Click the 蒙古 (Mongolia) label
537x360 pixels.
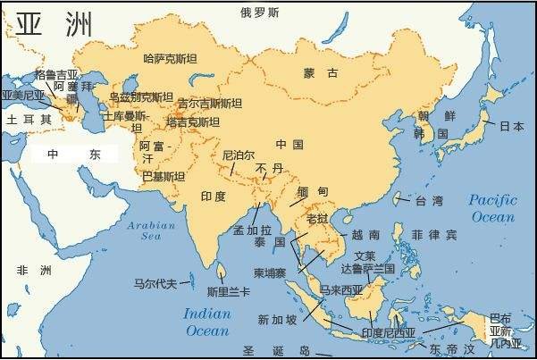click(321, 72)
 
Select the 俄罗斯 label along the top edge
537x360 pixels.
click(260, 13)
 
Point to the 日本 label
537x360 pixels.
click(511, 126)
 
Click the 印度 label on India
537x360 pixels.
click(214, 196)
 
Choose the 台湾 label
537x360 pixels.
click(425, 201)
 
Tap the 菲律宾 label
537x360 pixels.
click(433, 235)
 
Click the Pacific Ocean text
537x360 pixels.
click(492, 208)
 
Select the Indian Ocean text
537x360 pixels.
click(207, 322)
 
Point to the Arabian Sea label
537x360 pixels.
click(150, 231)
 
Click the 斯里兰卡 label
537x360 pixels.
click(228, 291)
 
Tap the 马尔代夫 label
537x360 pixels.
click(156, 283)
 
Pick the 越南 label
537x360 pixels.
click(365, 234)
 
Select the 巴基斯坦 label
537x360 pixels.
click(164, 176)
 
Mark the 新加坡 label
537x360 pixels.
click(278, 319)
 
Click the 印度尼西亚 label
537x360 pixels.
click(388, 333)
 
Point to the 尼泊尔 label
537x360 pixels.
click(239, 153)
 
